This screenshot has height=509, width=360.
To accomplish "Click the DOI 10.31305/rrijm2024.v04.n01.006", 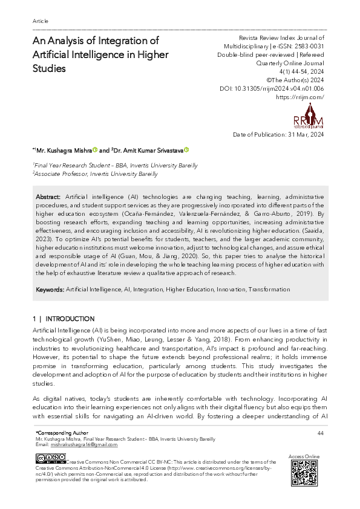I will click(271, 88).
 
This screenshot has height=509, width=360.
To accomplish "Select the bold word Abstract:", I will click(48, 197).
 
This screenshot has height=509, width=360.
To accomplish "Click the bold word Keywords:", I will click(50, 290).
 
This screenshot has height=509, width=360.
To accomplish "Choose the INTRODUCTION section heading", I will click(70, 319).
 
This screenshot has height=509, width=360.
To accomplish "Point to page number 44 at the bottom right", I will click(321, 433).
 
